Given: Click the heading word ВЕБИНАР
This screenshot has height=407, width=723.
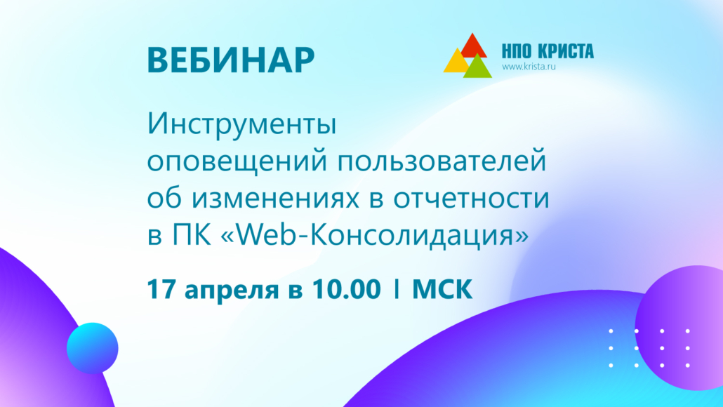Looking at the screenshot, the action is [x=230, y=60].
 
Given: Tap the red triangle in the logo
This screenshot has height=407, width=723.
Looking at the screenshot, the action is [x=472, y=46].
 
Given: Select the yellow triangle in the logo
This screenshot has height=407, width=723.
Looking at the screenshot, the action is [x=456, y=61].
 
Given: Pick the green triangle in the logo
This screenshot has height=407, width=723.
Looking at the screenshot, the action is [x=478, y=67].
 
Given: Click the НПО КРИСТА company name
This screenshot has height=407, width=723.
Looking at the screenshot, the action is [x=548, y=51].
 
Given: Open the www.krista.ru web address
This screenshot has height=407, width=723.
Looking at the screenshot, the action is [x=529, y=67].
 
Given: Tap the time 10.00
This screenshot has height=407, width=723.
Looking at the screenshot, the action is [x=346, y=289].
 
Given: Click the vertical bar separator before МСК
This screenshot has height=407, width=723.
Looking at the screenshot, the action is [x=397, y=290].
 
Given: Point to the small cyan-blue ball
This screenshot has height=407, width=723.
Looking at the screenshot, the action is [x=92, y=348].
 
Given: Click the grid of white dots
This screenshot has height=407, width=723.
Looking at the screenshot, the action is [x=649, y=348].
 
